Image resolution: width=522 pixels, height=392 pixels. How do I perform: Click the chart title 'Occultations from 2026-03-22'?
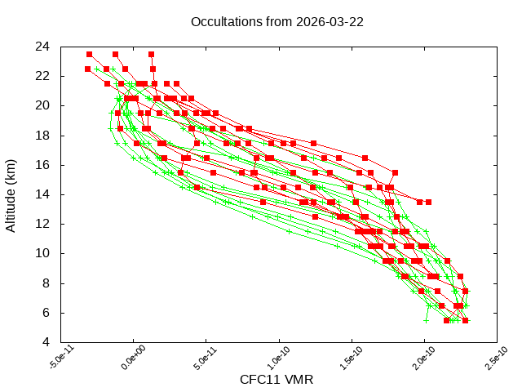276,21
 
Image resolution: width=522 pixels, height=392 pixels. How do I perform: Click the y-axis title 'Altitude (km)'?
11,194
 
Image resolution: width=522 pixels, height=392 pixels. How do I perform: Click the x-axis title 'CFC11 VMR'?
276,379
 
